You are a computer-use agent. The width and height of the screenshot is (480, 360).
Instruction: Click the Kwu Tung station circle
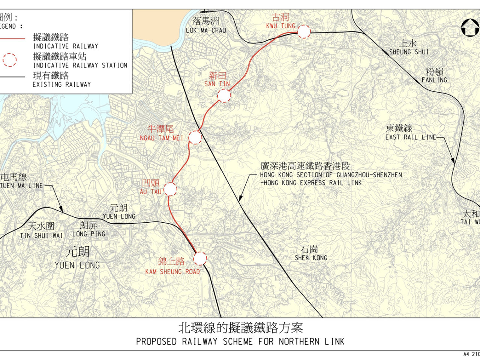pos(304,32)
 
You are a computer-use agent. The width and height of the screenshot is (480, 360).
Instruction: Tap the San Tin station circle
pos(224,96)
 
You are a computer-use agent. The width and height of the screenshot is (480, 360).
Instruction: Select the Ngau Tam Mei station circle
pos(195,138)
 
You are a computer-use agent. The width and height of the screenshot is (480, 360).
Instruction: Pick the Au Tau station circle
pos(170,189)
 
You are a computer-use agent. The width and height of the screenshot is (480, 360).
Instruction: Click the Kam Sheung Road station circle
pos(200,259)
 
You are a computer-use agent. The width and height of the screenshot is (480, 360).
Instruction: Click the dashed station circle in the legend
pos(10,60)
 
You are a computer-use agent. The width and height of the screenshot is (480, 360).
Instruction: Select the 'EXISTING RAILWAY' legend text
pos(61,85)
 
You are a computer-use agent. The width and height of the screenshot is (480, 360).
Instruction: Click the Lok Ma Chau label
pos(206,25)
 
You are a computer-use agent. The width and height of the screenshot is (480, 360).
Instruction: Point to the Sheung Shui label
pos(408,48)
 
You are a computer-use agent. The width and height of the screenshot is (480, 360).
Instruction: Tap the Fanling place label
pos(434,75)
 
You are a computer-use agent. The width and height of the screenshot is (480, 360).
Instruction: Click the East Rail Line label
pos(410,133)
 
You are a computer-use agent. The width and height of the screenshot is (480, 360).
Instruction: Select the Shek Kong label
pos(310,253)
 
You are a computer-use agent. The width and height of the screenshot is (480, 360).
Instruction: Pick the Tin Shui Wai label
pos(41,231)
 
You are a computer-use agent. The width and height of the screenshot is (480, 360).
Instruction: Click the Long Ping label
pos(88,229)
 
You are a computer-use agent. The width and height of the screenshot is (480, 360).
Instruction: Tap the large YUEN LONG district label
pos(77,258)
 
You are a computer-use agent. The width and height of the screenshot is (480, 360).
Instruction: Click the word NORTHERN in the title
pos(299,342)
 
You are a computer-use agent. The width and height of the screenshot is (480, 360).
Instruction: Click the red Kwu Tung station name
pos(280,21)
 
